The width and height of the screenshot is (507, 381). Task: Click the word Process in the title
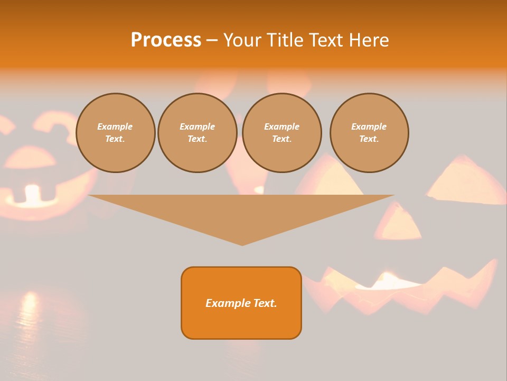(x=166, y=40)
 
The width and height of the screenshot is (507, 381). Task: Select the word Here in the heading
(x=369, y=40)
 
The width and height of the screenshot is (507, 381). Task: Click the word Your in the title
(x=243, y=40)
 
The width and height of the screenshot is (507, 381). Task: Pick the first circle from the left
(x=116, y=133)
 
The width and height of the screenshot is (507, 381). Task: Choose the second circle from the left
(x=198, y=133)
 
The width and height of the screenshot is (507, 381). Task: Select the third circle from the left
(x=282, y=133)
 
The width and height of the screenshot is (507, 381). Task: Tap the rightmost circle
(x=369, y=133)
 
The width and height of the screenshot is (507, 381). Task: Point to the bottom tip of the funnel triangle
(x=242, y=244)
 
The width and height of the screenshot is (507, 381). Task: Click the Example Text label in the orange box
(x=241, y=303)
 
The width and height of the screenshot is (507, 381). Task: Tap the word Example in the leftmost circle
(x=115, y=126)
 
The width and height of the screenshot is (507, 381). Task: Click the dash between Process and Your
(x=212, y=40)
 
